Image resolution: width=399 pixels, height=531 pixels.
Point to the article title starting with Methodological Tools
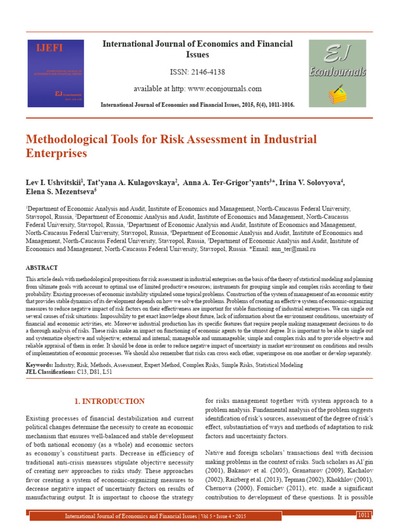click(171, 146)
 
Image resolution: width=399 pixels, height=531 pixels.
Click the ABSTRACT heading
click(42, 268)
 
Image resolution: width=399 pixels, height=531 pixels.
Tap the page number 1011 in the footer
click(363, 514)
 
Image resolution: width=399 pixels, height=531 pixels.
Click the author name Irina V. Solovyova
click(312, 183)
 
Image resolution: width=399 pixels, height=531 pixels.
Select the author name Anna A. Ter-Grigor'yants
click(228, 183)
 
